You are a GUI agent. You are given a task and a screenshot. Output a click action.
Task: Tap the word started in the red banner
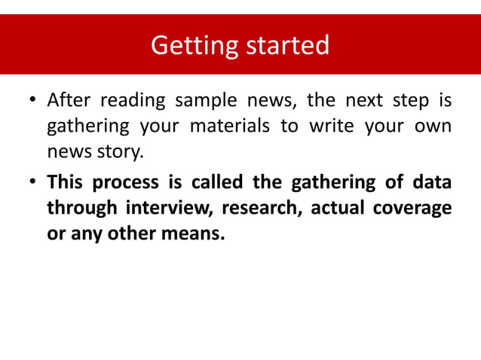click(x=284, y=45)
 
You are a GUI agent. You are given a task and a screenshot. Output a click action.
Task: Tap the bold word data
click(x=434, y=182)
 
